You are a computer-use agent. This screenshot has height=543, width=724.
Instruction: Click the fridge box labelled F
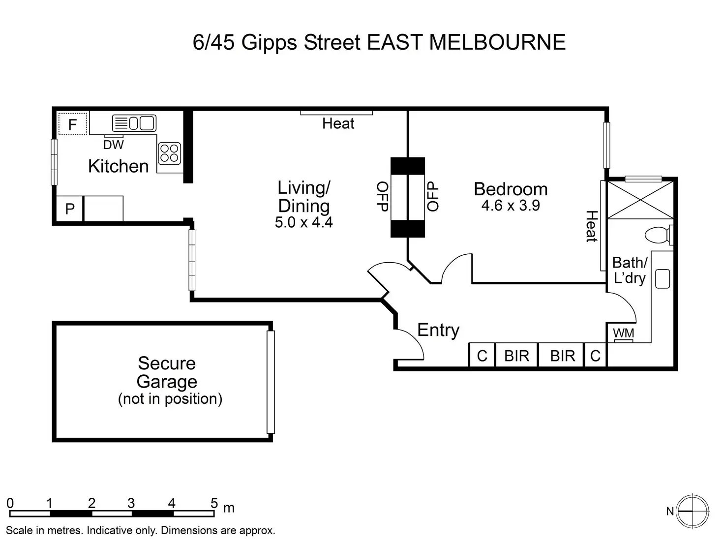[72, 124]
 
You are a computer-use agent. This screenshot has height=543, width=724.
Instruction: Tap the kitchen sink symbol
[134, 123]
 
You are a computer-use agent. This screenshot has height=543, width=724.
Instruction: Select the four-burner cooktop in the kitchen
[169, 152]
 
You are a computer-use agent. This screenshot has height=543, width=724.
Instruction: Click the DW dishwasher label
[114, 145]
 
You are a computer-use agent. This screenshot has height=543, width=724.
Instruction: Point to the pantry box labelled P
[70, 209]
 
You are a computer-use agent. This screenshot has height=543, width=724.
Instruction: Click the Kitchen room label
[118, 166]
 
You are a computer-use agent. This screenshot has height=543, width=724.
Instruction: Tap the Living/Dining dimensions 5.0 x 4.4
[303, 222]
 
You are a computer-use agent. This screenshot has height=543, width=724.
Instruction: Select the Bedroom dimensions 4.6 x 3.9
[511, 206]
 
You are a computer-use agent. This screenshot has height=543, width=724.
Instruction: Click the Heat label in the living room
[338, 123]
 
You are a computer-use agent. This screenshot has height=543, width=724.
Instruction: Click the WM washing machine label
[623, 333]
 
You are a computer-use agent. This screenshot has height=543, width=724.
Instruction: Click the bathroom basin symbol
[663, 278]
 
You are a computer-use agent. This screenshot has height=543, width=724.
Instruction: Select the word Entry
[438, 330]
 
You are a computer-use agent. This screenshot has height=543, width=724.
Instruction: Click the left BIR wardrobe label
[516, 356]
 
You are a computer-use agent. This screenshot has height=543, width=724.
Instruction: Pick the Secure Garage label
[167, 372]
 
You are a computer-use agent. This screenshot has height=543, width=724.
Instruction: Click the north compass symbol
[692, 512]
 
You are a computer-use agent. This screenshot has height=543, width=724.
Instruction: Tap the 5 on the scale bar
[214, 503]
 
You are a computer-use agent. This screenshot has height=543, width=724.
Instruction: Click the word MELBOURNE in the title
[497, 42]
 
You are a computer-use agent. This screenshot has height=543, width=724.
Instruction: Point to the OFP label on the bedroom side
[432, 196]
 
